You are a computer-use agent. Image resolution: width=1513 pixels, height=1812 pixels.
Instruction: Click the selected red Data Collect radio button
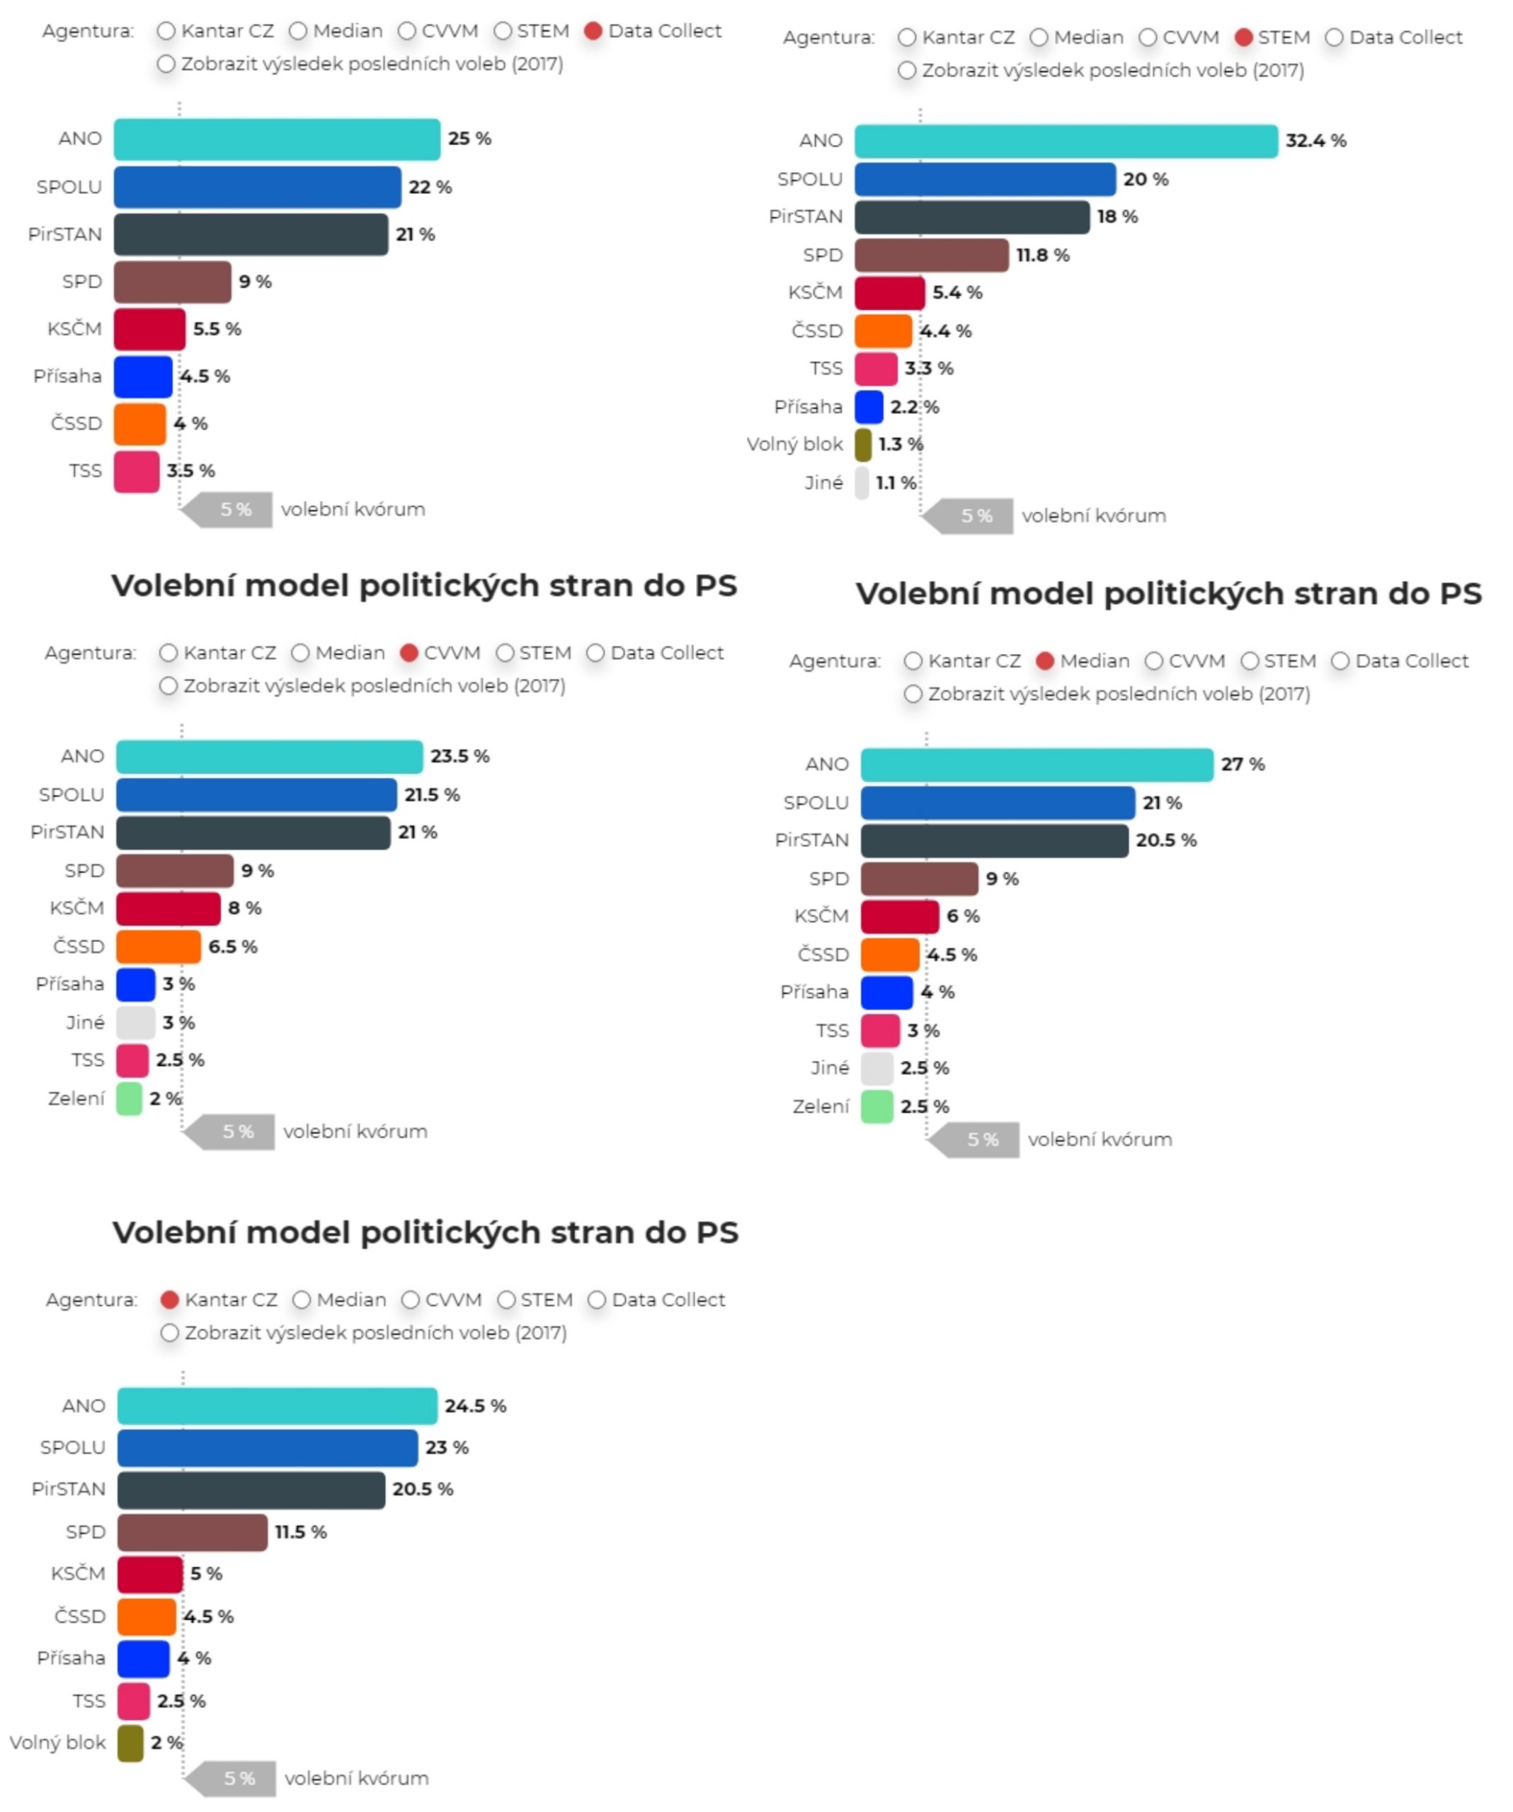click(592, 31)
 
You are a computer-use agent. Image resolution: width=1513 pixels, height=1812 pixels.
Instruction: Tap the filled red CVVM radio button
click(409, 653)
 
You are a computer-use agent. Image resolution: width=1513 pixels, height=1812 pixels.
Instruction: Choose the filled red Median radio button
click(1044, 661)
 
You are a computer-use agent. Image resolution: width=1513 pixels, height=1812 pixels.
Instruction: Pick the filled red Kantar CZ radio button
click(170, 1300)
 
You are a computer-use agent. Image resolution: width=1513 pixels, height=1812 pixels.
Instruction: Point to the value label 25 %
click(469, 138)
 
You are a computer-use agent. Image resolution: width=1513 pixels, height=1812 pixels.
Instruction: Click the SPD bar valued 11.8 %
click(930, 256)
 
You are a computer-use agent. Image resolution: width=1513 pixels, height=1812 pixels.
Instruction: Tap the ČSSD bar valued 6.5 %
click(158, 946)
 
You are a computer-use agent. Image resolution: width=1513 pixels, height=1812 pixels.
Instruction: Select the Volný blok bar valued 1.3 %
click(862, 445)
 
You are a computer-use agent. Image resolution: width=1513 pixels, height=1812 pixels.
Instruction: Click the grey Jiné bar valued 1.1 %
click(862, 483)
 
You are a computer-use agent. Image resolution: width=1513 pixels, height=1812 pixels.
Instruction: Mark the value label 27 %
click(1242, 764)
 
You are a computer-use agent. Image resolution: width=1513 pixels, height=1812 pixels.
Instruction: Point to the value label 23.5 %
click(459, 756)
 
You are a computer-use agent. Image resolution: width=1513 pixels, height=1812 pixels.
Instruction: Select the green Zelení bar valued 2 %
click(129, 1099)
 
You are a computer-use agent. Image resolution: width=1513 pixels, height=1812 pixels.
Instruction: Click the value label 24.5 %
click(474, 1406)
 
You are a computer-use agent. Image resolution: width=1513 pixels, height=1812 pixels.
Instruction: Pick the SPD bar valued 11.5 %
click(193, 1532)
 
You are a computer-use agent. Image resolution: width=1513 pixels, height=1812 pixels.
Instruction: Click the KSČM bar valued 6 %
click(899, 917)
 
